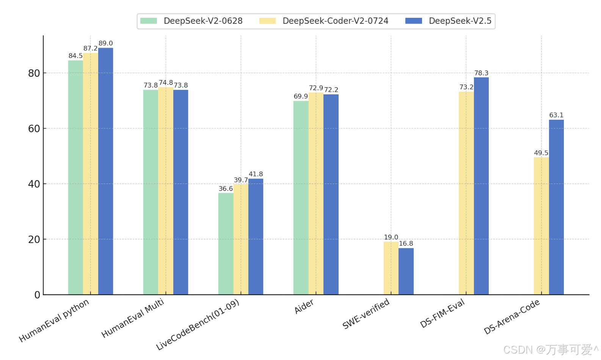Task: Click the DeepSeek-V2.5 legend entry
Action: point(448,21)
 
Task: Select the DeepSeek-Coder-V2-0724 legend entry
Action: point(324,21)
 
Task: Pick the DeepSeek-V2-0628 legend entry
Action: point(191,21)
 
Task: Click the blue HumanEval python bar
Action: point(105,171)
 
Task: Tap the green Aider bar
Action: point(301,197)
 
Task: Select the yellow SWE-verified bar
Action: point(391,268)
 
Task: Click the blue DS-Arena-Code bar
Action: point(556,207)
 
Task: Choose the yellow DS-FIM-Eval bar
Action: point(466,193)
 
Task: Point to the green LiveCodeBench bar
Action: point(226,243)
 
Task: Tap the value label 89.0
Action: point(105,43)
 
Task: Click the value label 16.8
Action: point(406,244)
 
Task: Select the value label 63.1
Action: point(556,115)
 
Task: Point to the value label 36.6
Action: point(226,189)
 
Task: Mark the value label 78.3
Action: point(481,73)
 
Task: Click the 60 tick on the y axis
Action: point(34,128)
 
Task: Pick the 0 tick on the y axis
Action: point(37,295)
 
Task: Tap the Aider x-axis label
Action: point(304,307)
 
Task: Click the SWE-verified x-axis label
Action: point(366,314)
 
